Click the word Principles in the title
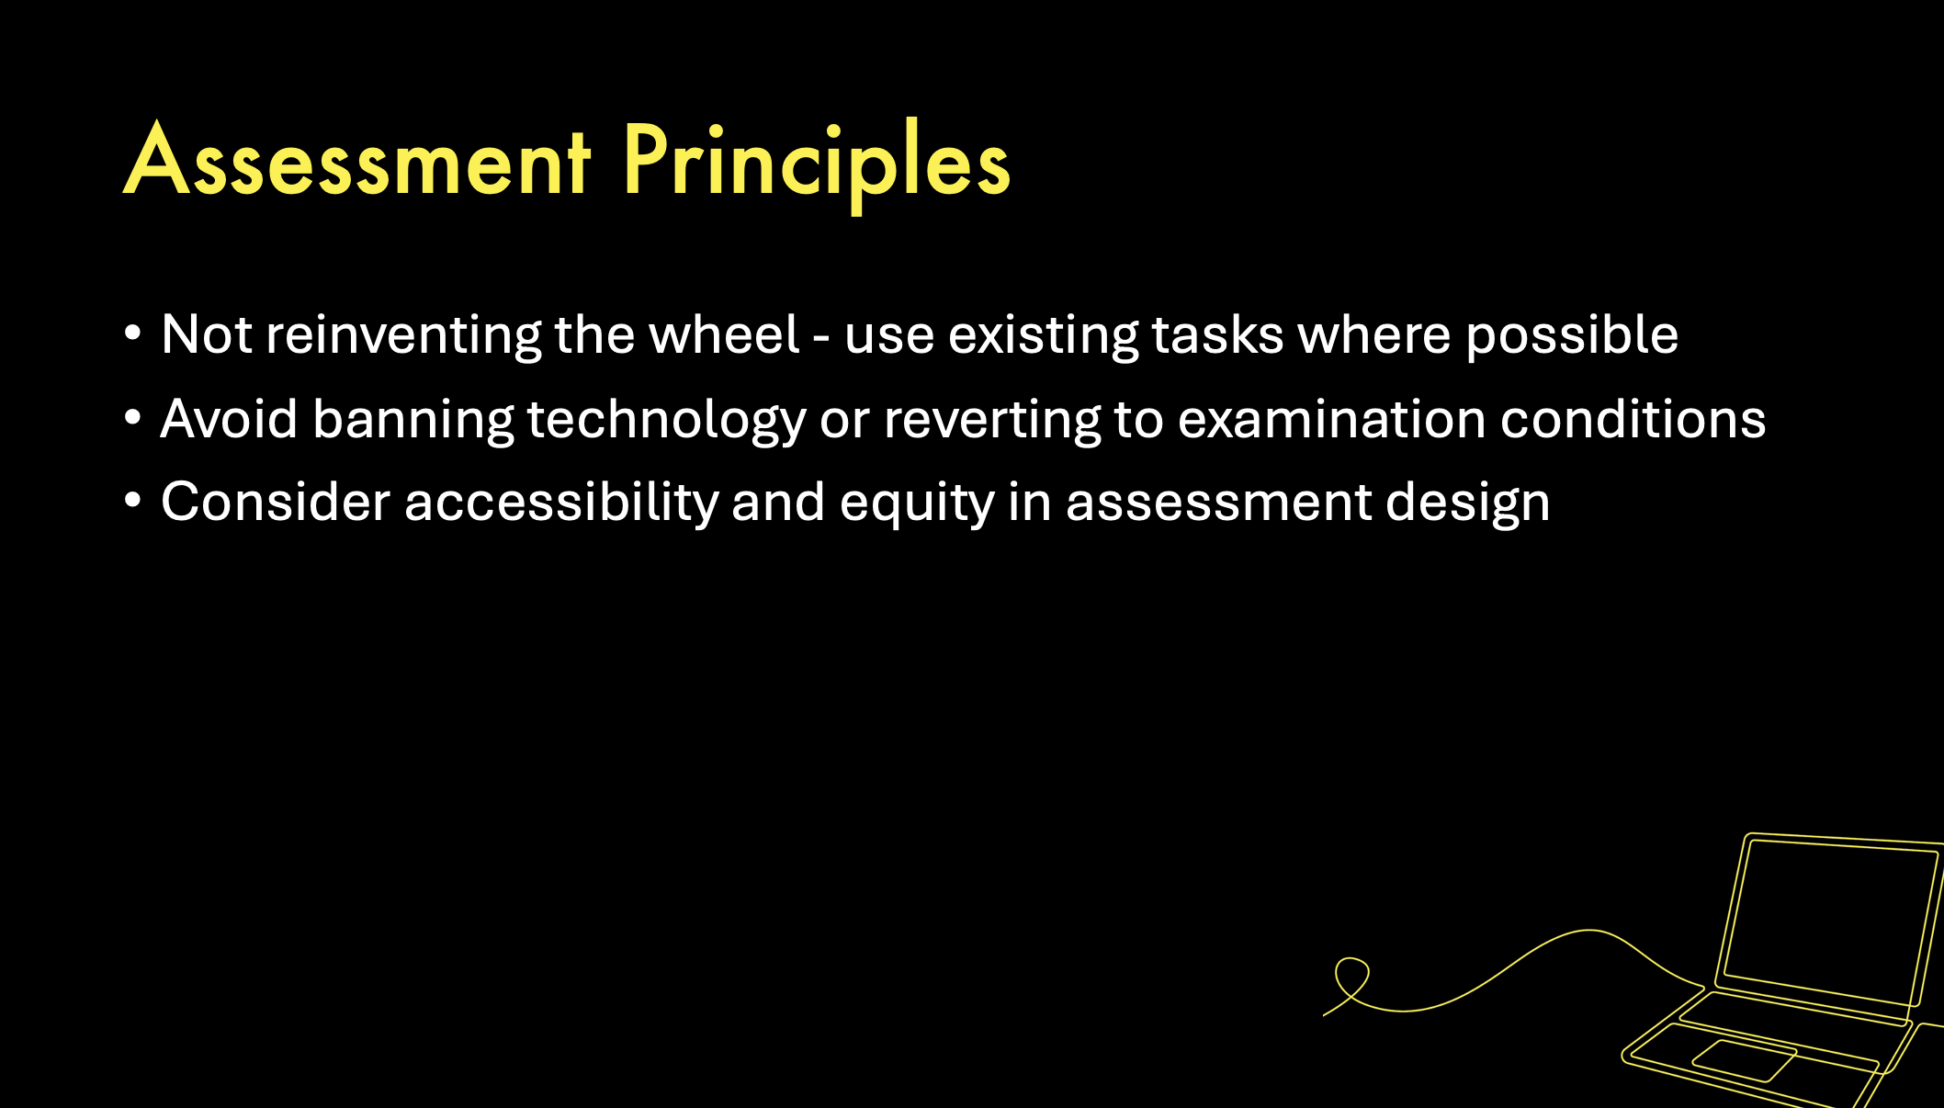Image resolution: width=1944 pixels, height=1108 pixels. (817, 165)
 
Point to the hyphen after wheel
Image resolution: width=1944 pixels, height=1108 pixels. (821, 339)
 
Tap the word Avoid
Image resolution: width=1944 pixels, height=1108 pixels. (229, 419)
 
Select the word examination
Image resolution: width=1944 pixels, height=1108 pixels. (1332, 419)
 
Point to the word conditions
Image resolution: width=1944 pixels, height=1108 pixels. (1633, 419)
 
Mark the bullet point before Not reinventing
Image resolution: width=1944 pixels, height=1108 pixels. (133, 334)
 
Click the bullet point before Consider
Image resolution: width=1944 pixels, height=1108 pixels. (133, 502)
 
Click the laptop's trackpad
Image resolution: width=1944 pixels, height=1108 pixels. (1743, 1061)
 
